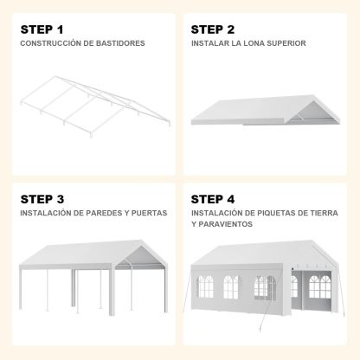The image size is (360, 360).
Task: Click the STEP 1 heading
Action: [42, 29]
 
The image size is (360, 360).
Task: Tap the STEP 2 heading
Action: [213, 29]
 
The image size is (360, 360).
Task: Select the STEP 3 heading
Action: [42, 199]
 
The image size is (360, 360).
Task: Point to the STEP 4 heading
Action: [213, 199]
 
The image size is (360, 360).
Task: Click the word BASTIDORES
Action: [120, 43]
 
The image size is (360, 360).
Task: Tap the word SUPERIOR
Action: [286, 43]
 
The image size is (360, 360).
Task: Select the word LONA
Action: [254, 43]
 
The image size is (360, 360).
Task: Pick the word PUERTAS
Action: [149, 213]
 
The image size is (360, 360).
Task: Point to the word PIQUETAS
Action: [276, 213]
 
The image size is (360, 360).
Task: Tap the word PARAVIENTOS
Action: [225, 224]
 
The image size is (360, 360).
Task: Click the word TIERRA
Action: [324, 213]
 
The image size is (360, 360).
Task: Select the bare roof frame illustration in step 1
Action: [95, 106]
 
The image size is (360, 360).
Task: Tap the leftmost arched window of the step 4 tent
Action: [205, 286]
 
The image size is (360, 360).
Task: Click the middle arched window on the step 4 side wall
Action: [231, 287]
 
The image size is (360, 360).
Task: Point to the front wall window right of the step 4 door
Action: [320, 286]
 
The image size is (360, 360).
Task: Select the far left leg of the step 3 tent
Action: [21, 287]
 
